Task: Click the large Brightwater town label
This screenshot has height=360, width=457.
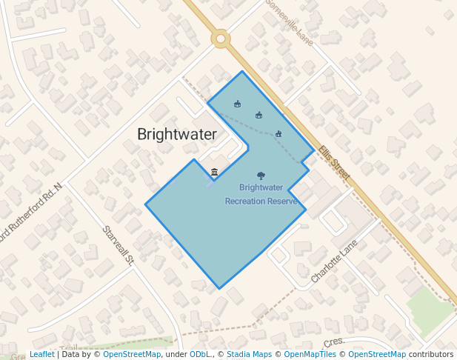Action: point(177,134)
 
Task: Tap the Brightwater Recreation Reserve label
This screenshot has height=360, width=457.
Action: point(261,194)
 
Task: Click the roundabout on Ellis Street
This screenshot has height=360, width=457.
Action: point(220,39)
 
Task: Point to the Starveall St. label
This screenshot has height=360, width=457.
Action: point(118,245)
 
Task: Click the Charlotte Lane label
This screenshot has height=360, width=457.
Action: point(334,260)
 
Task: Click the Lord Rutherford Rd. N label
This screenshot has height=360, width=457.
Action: point(30,215)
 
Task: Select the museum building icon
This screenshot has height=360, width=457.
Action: point(214,172)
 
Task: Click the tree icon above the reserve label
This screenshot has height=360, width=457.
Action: point(261,176)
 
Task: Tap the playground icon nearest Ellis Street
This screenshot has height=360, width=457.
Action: point(278,133)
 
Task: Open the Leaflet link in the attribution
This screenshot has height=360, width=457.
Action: point(41,354)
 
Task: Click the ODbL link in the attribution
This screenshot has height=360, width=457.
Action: point(200,354)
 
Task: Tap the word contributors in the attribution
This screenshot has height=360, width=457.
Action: point(431,354)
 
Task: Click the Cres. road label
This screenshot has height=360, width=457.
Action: point(334,343)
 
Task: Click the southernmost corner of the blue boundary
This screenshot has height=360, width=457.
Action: point(219,288)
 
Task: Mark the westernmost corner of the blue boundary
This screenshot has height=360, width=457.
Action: point(145,204)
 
